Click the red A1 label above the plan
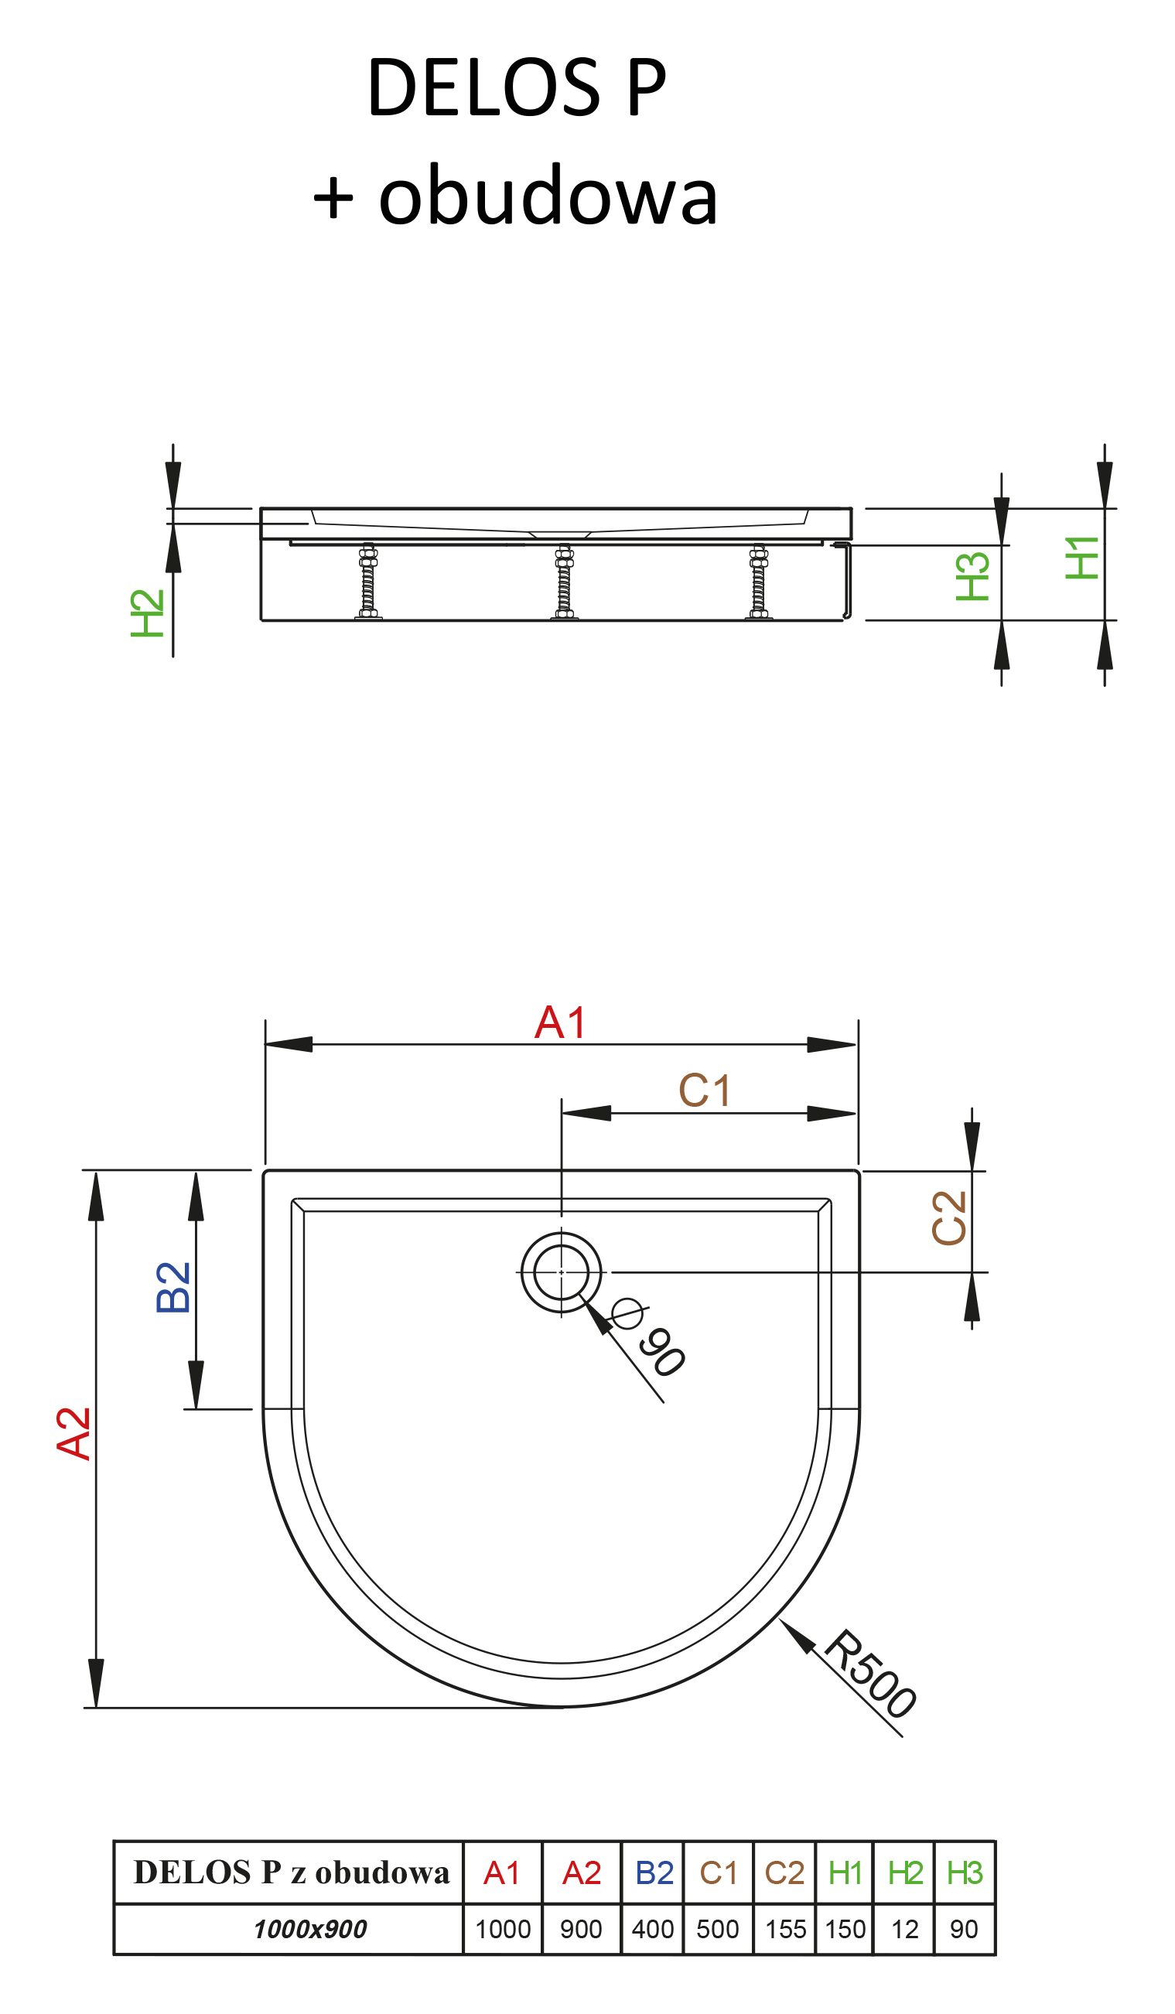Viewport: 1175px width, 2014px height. click(560, 1022)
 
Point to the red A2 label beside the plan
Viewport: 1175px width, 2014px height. click(73, 1434)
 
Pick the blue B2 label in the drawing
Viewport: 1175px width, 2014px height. click(172, 1288)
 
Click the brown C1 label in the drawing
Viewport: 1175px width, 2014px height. click(704, 1090)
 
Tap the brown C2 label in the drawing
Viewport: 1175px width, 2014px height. click(950, 1217)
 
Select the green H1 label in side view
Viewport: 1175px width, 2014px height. click(1082, 558)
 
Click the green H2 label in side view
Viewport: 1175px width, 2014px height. click(147, 613)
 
